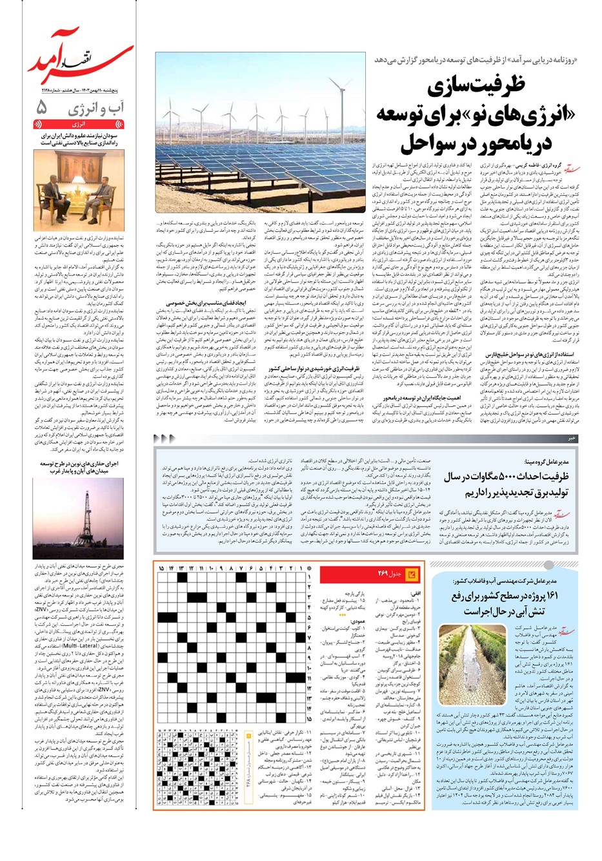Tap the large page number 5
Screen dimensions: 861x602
(43, 107)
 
